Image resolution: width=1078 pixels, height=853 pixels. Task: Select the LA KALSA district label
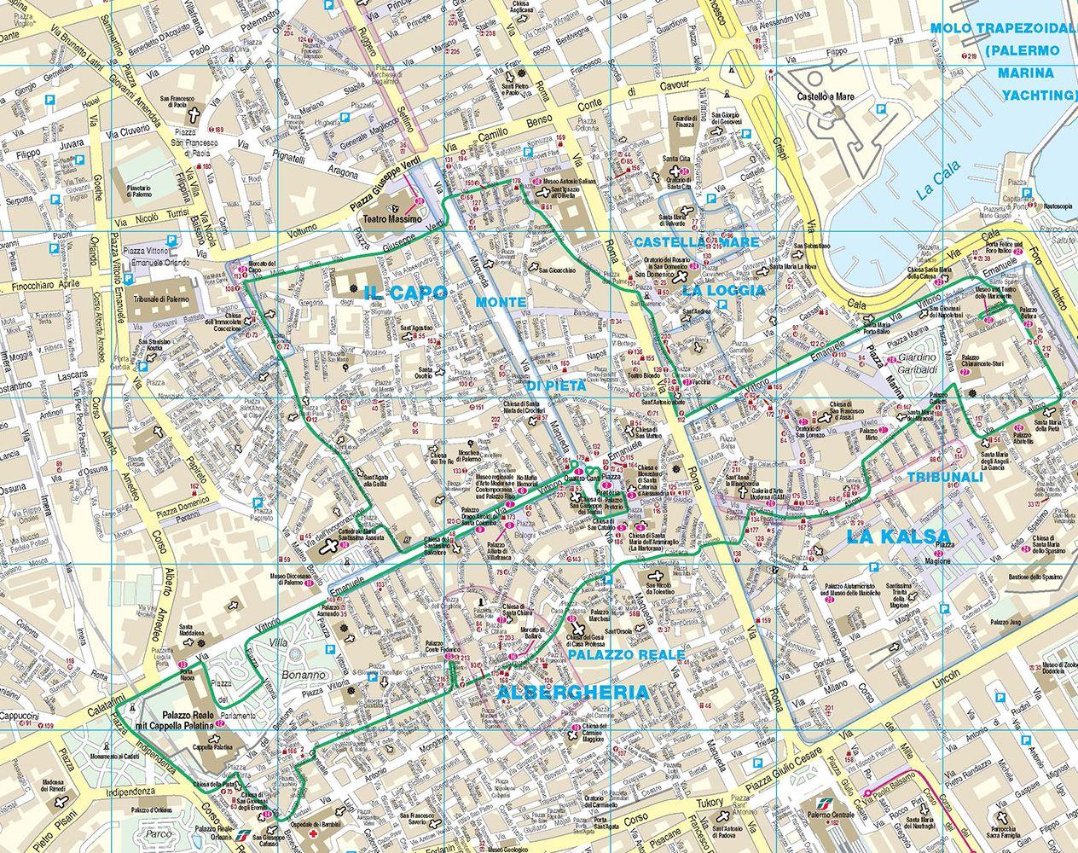click(x=898, y=537)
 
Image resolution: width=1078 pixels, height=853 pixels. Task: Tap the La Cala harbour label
click(x=941, y=179)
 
